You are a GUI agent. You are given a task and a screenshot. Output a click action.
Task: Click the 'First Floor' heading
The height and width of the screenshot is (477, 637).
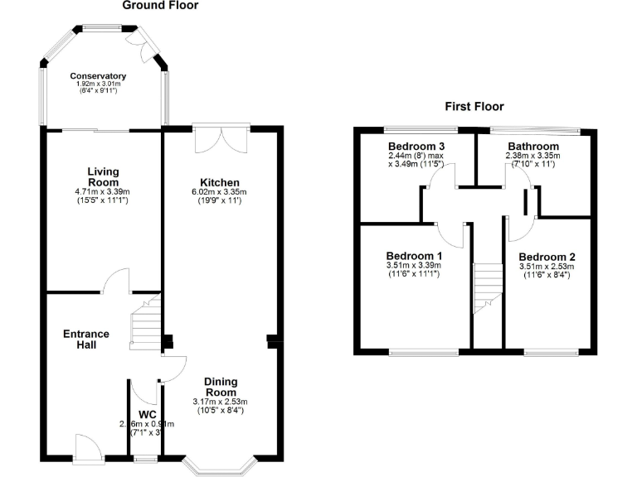[474, 107]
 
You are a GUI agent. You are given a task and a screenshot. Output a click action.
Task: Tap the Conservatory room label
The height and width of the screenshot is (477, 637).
[98, 75]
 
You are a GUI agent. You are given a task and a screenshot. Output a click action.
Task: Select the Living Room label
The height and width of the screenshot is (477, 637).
[104, 177]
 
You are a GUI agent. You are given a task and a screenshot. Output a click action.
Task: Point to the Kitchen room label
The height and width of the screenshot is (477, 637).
[220, 183]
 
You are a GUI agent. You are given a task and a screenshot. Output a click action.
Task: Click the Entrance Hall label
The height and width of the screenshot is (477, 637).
[86, 339]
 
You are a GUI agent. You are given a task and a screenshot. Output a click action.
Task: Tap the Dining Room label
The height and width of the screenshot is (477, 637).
[221, 387]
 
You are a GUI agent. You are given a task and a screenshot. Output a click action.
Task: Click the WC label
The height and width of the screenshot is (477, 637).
[148, 414]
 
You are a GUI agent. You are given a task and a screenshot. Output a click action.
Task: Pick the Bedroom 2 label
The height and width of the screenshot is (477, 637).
[547, 257]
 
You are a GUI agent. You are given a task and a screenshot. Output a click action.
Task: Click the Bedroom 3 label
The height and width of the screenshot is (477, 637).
[412, 147]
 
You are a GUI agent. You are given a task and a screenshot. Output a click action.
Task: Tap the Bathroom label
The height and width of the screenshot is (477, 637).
[533, 147]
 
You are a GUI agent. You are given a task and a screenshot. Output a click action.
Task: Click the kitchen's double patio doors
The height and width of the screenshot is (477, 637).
[221, 138]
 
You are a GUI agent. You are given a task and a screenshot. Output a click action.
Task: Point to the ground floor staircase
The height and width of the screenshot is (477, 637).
[145, 327]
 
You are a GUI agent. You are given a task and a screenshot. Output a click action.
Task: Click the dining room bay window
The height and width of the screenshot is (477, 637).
[221, 465]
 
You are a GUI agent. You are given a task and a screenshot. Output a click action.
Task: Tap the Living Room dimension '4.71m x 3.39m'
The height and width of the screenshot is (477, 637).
[104, 192]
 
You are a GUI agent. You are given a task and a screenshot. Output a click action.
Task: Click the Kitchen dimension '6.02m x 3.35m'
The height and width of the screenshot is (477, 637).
[220, 192]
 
